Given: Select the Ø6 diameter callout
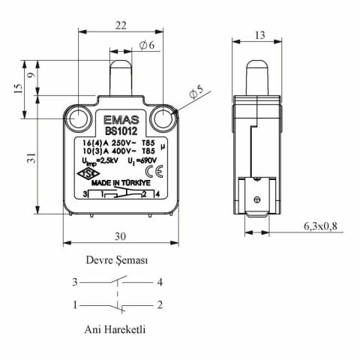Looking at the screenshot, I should click(x=146, y=46).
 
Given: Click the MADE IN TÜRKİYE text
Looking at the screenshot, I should click(x=122, y=182).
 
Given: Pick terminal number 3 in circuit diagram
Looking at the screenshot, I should click(x=75, y=283).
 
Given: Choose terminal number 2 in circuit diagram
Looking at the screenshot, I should click(x=160, y=304).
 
